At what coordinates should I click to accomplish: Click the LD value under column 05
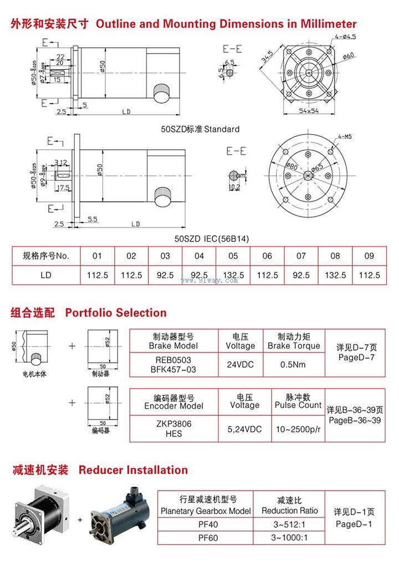coord(233,275)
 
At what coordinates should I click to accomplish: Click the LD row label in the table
coord(46,275)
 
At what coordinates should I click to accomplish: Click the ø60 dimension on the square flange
coord(349,56)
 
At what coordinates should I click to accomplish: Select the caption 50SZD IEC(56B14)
coord(212,239)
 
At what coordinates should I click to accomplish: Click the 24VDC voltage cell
coord(240,365)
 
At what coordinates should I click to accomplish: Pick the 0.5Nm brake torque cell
coord(294,365)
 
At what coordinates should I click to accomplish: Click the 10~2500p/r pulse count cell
coord(298,429)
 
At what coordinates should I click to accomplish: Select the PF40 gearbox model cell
coord(206,524)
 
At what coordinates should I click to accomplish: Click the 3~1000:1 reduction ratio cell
coord(289,537)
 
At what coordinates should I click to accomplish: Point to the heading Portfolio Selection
coord(116,313)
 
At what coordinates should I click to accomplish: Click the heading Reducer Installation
coord(133,470)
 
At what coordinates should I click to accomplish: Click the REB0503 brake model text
coord(173,359)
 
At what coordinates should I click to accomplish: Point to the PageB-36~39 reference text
coord(355,421)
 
